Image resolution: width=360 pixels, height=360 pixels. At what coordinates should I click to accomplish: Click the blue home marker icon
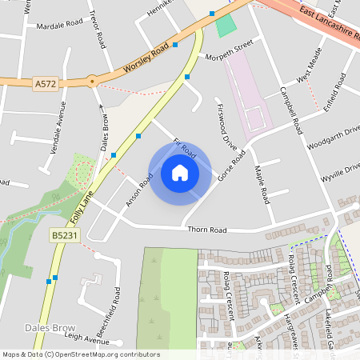pos(180,173)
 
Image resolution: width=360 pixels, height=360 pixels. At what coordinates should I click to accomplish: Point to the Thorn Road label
pos(207,230)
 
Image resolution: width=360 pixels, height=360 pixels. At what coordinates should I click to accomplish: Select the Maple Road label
pos(260,183)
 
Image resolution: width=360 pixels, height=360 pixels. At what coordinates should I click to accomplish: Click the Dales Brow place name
pos(50,328)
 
